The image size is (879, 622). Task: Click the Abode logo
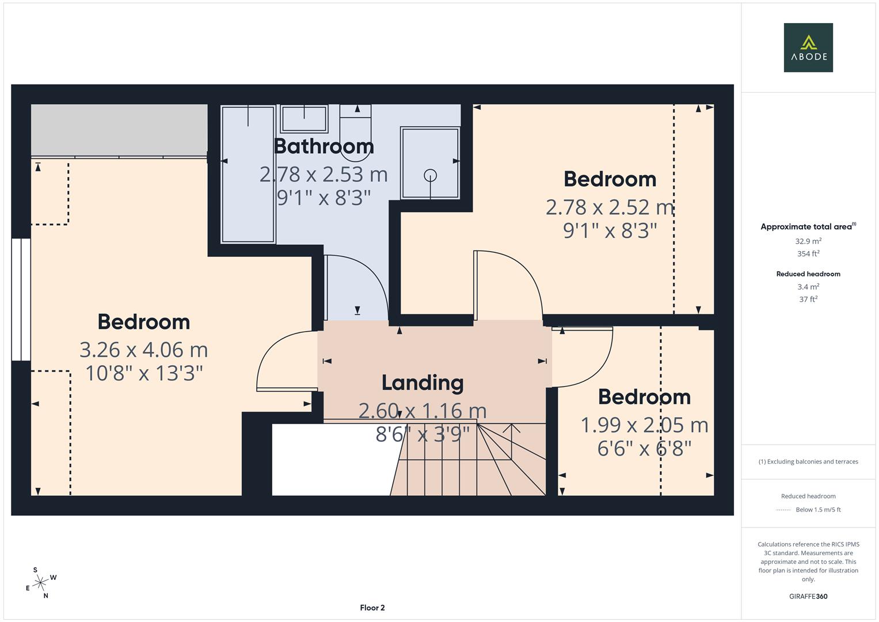(x=808, y=47)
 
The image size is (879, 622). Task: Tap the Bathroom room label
(x=324, y=146)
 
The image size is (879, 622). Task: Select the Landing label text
(x=423, y=383)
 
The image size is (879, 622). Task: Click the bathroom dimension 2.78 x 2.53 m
(x=324, y=174)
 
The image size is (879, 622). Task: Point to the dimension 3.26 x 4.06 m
(x=144, y=350)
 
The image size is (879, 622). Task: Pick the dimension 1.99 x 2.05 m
(x=644, y=425)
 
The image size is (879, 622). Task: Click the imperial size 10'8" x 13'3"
(x=144, y=373)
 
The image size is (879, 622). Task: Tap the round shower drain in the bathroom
(x=431, y=175)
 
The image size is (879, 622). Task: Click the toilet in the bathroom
(x=355, y=133)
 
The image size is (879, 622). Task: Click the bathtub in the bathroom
(x=248, y=175)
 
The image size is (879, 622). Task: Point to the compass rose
(x=40, y=583)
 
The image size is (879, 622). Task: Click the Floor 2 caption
(x=372, y=608)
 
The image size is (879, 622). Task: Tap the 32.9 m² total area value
(x=808, y=241)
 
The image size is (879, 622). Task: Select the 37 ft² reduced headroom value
(x=808, y=299)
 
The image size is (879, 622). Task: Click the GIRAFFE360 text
(x=808, y=597)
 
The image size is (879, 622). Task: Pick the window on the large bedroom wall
(x=21, y=299)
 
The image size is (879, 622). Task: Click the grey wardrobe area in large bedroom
(x=119, y=130)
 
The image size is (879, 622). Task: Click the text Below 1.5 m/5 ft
(x=818, y=510)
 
